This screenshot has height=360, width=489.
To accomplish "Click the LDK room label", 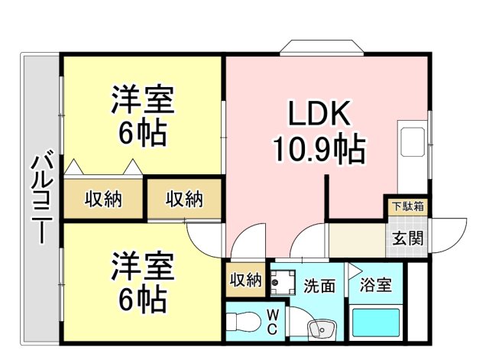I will (319, 115).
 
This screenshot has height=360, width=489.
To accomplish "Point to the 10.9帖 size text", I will (319, 149).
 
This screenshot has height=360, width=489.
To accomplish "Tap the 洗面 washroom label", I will (319, 286).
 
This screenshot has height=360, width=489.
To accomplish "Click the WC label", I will (271, 322).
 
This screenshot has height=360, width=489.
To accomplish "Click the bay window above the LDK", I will (319, 47).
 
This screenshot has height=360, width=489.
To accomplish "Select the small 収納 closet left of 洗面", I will (245, 281).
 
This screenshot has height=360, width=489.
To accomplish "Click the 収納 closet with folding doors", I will (103, 199).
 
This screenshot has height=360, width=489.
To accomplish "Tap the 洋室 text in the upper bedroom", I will (143, 99).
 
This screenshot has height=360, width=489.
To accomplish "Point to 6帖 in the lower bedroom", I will (143, 300).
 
